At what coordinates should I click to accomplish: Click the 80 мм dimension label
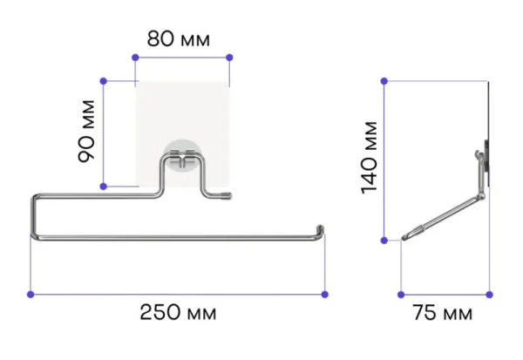point(179,38)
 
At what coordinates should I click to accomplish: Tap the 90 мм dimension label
point(86,131)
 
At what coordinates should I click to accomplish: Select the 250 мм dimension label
point(178,313)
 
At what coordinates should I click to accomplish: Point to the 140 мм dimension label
point(370,158)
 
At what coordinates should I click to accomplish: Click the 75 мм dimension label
point(443,313)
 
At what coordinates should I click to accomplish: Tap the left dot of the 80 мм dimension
point(135,58)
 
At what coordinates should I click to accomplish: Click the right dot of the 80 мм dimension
point(229,58)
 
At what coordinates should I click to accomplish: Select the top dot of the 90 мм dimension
point(104,81)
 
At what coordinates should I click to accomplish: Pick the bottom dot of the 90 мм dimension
point(104,187)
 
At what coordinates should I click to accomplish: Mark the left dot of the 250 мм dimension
point(31,295)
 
